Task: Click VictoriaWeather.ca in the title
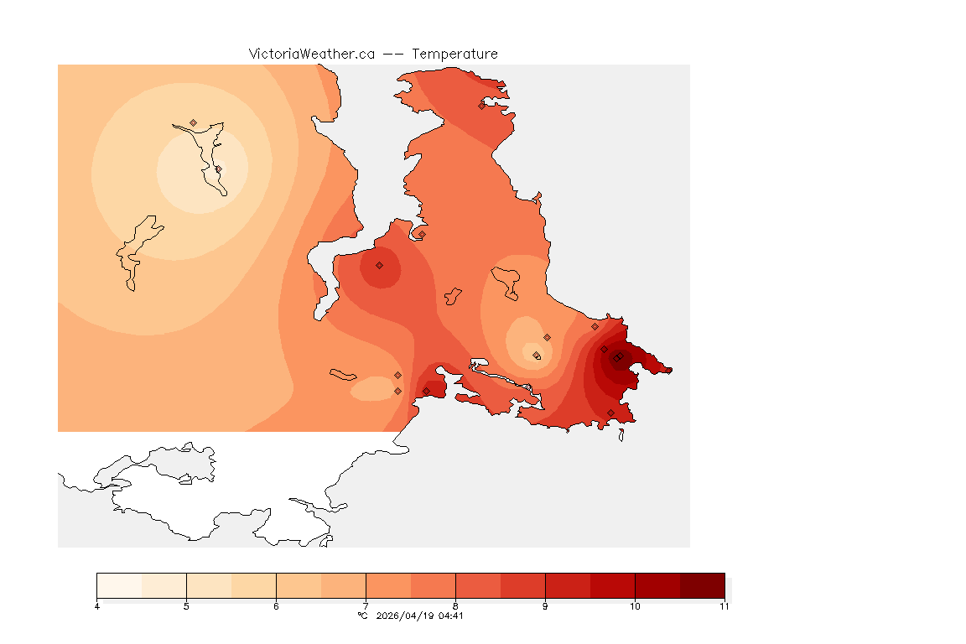pos(311,54)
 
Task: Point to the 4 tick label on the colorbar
pos(97,606)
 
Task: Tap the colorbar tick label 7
pos(366,606)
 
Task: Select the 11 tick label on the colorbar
pos(724,606)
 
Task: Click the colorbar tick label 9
pos(545,606)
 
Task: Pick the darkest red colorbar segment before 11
pos(702,584)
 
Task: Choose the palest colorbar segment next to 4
pos(119,584)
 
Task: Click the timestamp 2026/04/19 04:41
pos(418,615)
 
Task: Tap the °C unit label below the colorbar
pos(362,615)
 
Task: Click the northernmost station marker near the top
pos(482,106)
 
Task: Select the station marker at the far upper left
pos(194,122)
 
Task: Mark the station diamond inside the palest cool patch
pos(218,169)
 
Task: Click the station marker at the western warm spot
pos(379,265)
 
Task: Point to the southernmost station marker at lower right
pos(610,413)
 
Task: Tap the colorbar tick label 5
pos(186,606)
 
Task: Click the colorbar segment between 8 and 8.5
pos(478,584)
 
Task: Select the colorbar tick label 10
pos(635,606)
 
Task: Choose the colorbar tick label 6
pos(276,606)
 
